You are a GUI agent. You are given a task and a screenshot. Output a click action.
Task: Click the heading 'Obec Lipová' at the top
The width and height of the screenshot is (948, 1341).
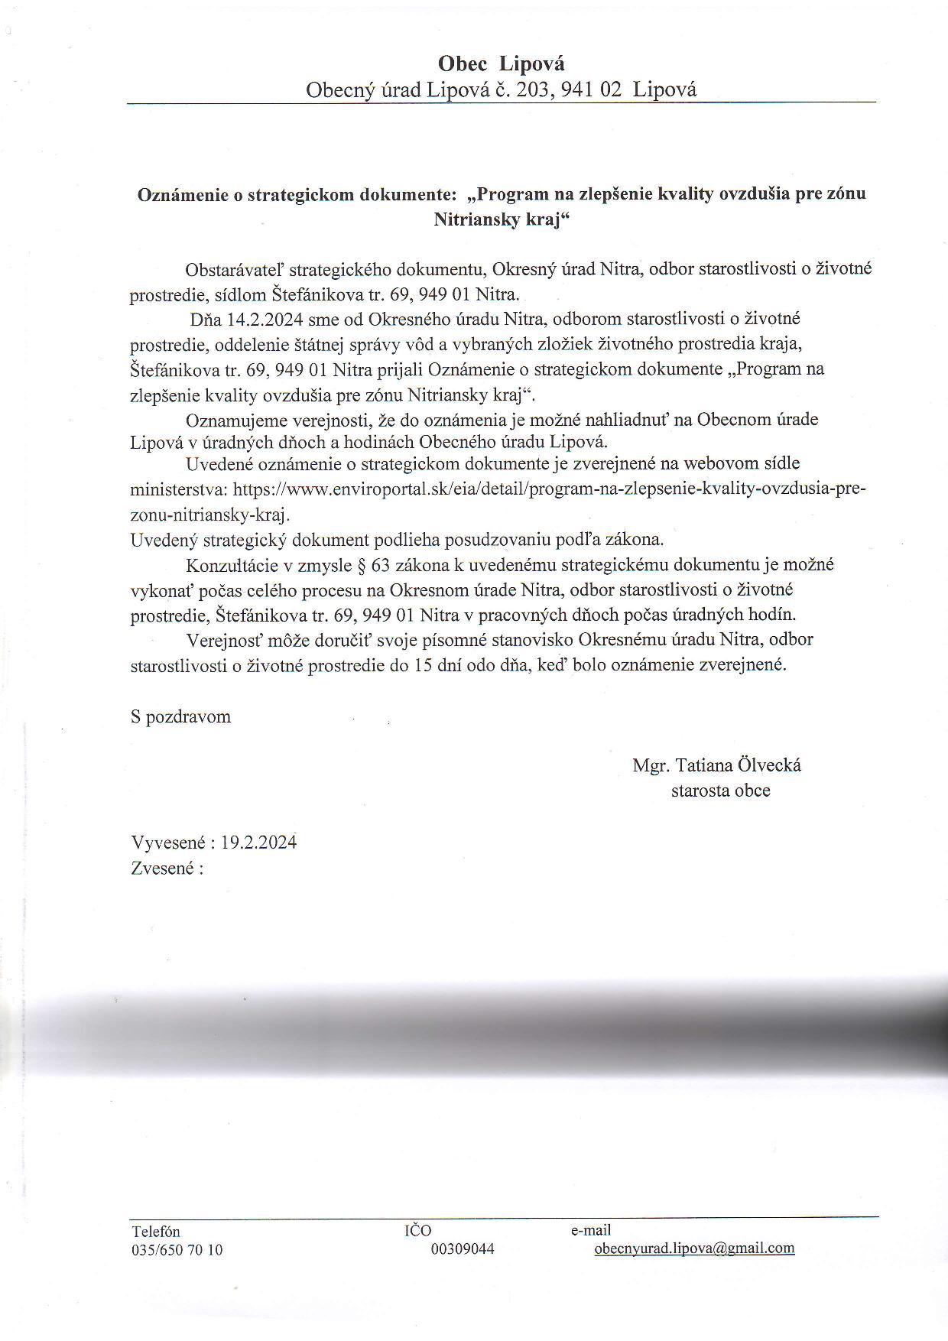click(501, 63)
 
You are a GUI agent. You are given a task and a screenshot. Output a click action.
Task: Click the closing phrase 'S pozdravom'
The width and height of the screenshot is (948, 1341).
click(181, 717)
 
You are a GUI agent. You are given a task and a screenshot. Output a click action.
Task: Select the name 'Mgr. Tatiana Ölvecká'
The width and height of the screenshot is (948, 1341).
click(716, 765)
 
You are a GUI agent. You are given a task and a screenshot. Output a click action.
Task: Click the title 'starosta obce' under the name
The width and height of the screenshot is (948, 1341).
click(720, 791)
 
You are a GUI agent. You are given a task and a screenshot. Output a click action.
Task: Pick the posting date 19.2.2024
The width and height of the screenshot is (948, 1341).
click(258, 843)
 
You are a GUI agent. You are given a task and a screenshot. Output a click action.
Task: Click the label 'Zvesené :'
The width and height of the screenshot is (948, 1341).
click(167, 869)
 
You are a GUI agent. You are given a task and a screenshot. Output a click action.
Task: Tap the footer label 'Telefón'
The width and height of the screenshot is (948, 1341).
click(156, 1232)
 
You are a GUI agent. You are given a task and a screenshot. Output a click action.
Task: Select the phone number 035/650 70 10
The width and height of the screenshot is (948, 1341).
click(177, 1251)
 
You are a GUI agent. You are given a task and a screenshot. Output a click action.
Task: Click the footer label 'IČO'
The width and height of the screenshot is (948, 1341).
click(417, 1230)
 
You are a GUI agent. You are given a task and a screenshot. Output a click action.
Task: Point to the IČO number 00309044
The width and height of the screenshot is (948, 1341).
click(463, 1249)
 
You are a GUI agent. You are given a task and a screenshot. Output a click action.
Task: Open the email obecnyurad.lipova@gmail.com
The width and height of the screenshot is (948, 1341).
click(694, 1248)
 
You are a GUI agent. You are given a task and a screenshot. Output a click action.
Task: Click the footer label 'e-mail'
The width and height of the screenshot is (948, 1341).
click(591, 1230)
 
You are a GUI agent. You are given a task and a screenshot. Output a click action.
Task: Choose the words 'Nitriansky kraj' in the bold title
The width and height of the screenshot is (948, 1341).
click(498, 220)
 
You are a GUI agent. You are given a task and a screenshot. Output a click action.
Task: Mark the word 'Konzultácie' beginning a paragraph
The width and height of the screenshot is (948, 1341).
click(229, 565)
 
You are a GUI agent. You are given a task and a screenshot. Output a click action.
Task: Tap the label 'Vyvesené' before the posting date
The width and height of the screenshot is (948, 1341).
click(167, 843)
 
